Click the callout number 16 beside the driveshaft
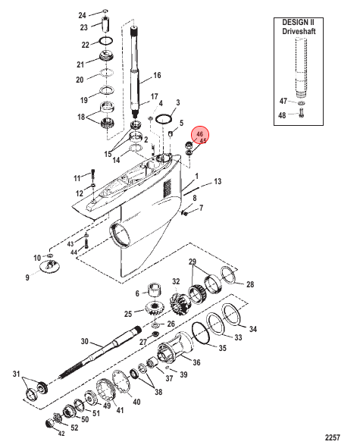(157, 76)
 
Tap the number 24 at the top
(83, 15)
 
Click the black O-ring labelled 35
(202, 332)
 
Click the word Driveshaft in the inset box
(299, 31)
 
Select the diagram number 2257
(333, 437)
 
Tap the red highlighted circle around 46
(200, 136)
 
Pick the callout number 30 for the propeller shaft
(85, 341)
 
